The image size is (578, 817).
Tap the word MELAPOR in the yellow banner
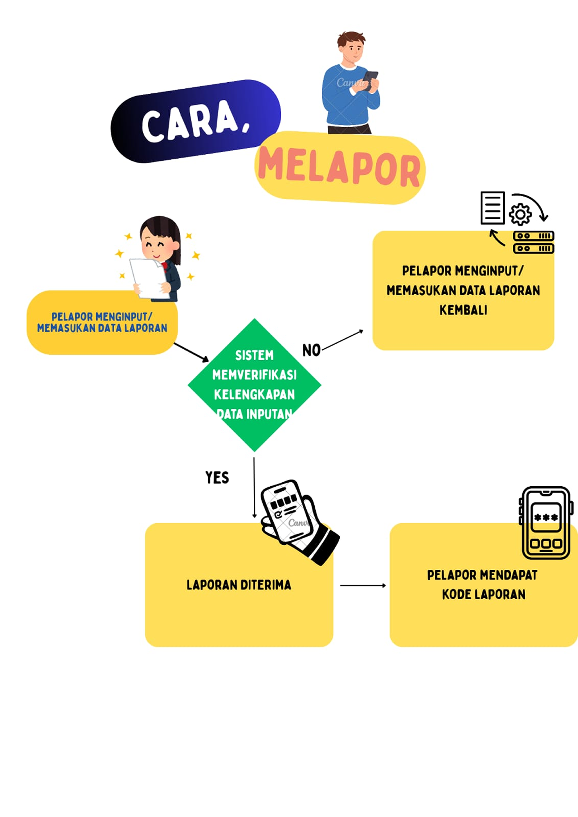click(339, 167)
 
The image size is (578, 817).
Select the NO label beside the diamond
click(311, 350)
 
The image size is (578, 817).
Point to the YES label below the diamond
click(217, 477)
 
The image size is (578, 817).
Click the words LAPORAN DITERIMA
click(239, 585)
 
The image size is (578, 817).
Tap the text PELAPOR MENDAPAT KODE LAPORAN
click(483, 584)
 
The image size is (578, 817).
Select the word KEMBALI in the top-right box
click(463, 310)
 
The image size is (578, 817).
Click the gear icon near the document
click(520, 214)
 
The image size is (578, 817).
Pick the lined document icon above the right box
click(492, 208)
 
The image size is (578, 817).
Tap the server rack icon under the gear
click(533, 242)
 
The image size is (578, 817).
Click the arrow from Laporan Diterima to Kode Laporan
click(362, 585)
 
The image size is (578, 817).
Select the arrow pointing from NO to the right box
click(343, 340)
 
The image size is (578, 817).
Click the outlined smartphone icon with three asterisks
click(546, 522)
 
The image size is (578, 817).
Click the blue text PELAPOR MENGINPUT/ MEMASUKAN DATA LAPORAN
click(102, 322)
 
